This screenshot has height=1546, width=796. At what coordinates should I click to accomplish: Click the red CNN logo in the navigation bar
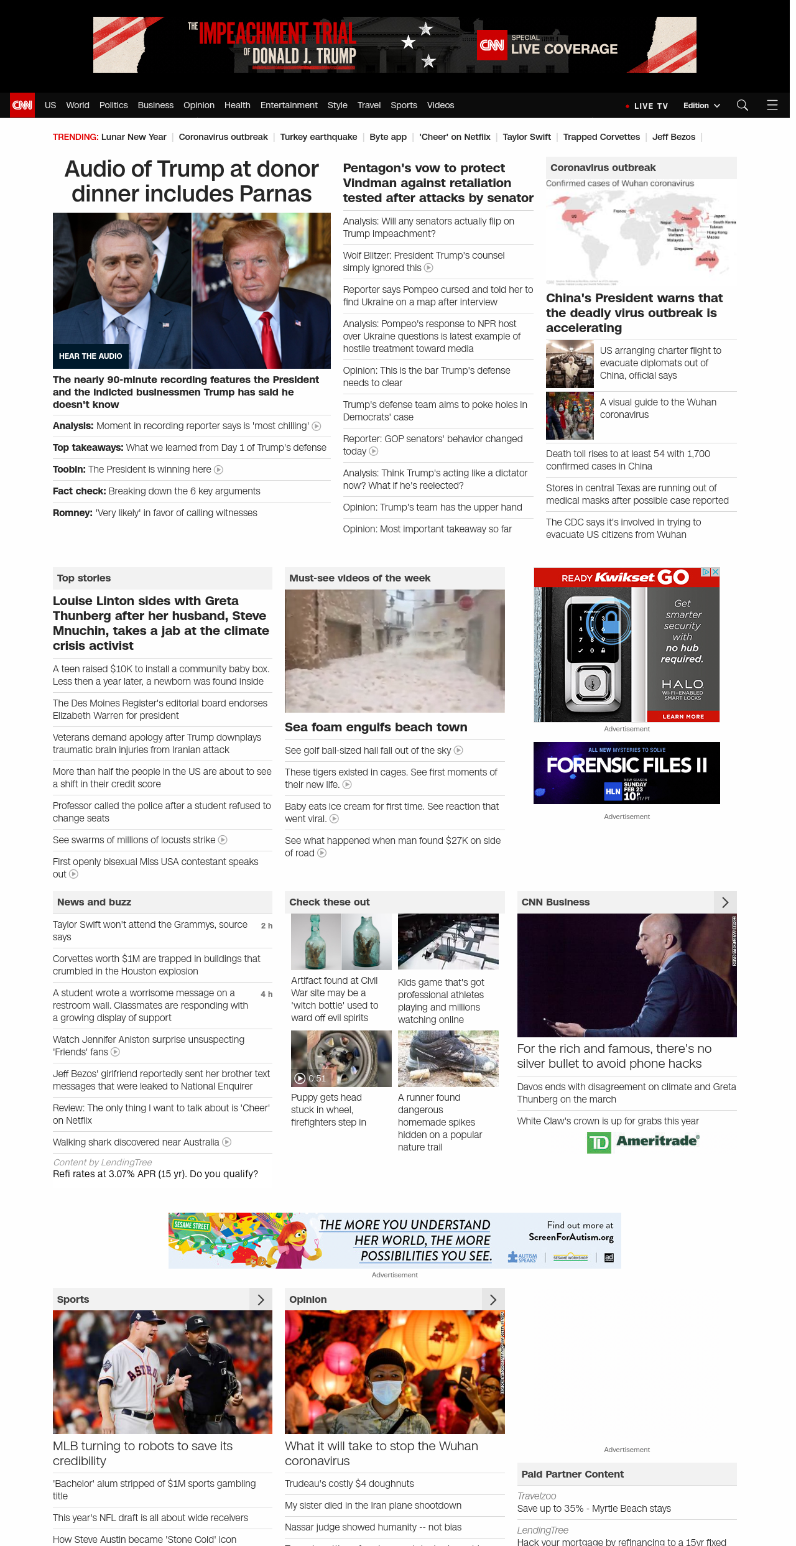(x=22, y=105)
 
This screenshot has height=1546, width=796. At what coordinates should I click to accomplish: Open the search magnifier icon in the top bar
(x=742, y=105)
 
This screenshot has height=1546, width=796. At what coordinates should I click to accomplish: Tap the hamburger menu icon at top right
(x=772, y=105)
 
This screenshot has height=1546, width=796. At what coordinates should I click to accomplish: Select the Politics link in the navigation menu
(x=113, y=105)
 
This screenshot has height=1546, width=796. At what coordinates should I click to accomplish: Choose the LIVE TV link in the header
(x=647, y=106)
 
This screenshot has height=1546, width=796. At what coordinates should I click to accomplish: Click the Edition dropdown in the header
(x=701, y=106)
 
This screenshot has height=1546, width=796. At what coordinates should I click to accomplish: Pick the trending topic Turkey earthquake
(x=318, y=137)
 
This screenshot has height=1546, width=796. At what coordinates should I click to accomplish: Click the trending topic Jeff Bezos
(x=673, y=137)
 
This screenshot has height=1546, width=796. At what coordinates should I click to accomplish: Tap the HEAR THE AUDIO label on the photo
(x=91, y=356)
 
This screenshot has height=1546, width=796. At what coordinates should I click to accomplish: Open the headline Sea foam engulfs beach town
(x=376, y=727)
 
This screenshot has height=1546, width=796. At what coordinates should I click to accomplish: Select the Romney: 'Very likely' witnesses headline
(x=155, y=513)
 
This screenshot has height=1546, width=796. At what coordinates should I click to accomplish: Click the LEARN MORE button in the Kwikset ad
(x=683, y=716)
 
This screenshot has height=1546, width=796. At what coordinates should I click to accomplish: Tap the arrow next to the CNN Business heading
(x=725, y=902)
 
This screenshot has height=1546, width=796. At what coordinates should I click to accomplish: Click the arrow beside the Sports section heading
(x=261, y=1299)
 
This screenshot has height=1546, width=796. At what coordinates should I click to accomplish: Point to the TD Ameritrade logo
(x=643, y=1141)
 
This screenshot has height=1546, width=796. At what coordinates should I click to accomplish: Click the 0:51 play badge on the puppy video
(x=310, y=1078)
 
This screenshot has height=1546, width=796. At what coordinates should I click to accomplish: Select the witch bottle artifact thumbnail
(x=341, y=942)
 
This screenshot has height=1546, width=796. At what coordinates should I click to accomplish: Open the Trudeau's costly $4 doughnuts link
(x=349, y=1484)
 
